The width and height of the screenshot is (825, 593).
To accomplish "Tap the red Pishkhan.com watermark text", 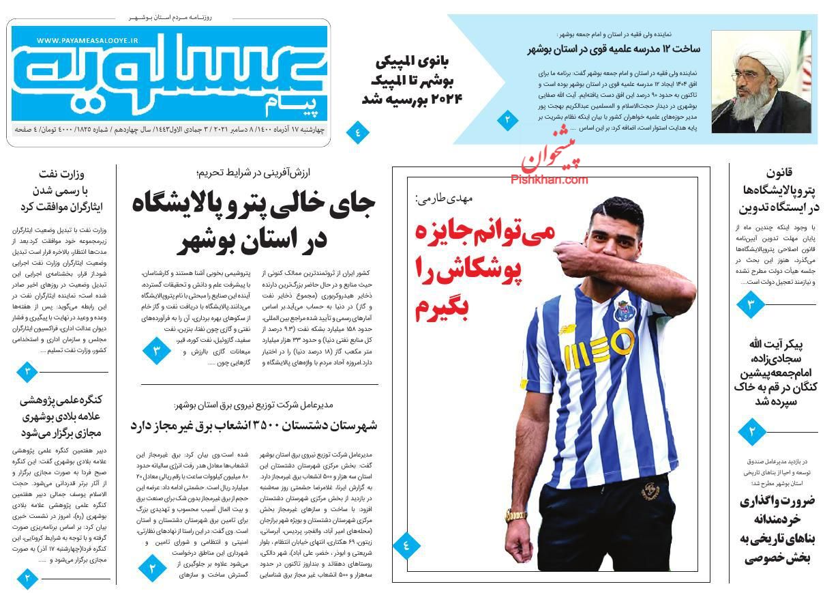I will pos(549,180).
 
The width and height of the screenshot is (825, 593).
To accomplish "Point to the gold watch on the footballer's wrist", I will pos(516,517).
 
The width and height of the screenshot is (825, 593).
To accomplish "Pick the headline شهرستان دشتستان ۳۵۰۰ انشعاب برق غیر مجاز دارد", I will pos(254,425).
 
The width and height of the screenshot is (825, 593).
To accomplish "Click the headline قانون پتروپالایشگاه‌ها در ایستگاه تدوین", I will pos(777,190).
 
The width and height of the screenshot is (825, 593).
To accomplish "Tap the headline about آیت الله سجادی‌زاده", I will pos(777,372).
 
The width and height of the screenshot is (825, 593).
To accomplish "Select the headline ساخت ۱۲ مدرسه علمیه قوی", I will pos(613,49).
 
